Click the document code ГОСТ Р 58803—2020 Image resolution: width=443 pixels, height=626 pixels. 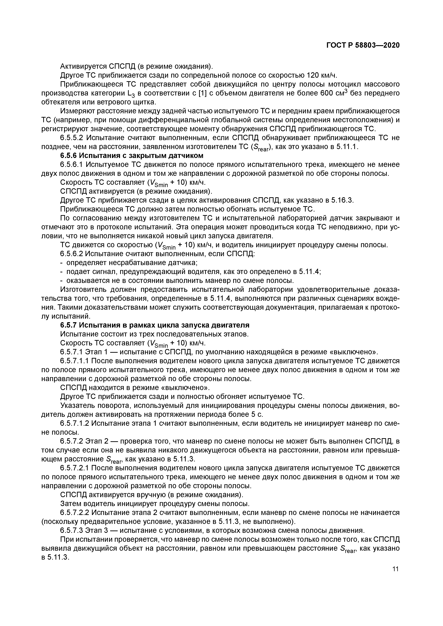point(363,45)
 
